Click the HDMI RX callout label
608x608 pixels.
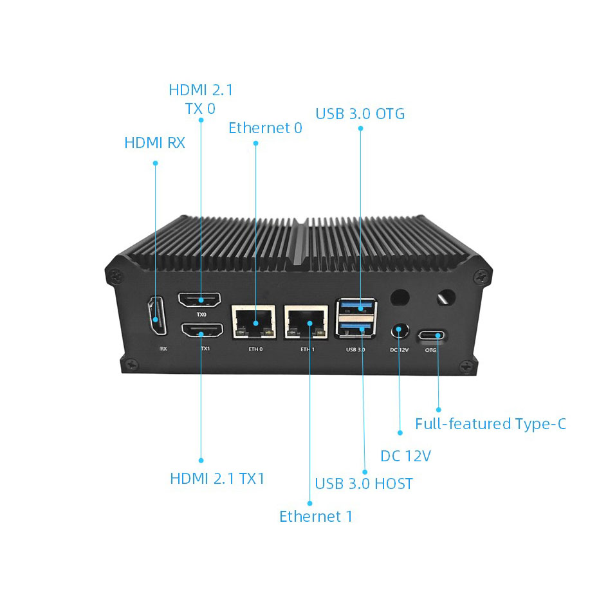[x=154, y=142]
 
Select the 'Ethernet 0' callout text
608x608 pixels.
[x=265, y=128]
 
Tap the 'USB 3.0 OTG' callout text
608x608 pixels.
[x=360, y=114]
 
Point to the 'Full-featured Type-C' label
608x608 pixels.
[x=490, y=424]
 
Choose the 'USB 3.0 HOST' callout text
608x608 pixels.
[x=364, y=484]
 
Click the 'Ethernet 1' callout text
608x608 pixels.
[x=315, y=517]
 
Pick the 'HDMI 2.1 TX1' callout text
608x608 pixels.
[x=217, y=479]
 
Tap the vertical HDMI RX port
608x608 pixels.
[x=156, y=316]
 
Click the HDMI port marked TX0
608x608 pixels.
[x=200, y=300]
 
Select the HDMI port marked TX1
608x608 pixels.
[x=202, y=331]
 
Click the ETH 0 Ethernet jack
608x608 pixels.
[x=253, y=321]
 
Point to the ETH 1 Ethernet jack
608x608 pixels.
[x=308, y=321]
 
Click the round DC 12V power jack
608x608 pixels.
[x=400, y=331]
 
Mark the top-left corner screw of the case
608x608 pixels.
[x=116, y=274]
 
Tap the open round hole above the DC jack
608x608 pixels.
[x=400, y=297]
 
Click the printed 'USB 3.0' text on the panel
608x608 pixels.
[x=355, y=350]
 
